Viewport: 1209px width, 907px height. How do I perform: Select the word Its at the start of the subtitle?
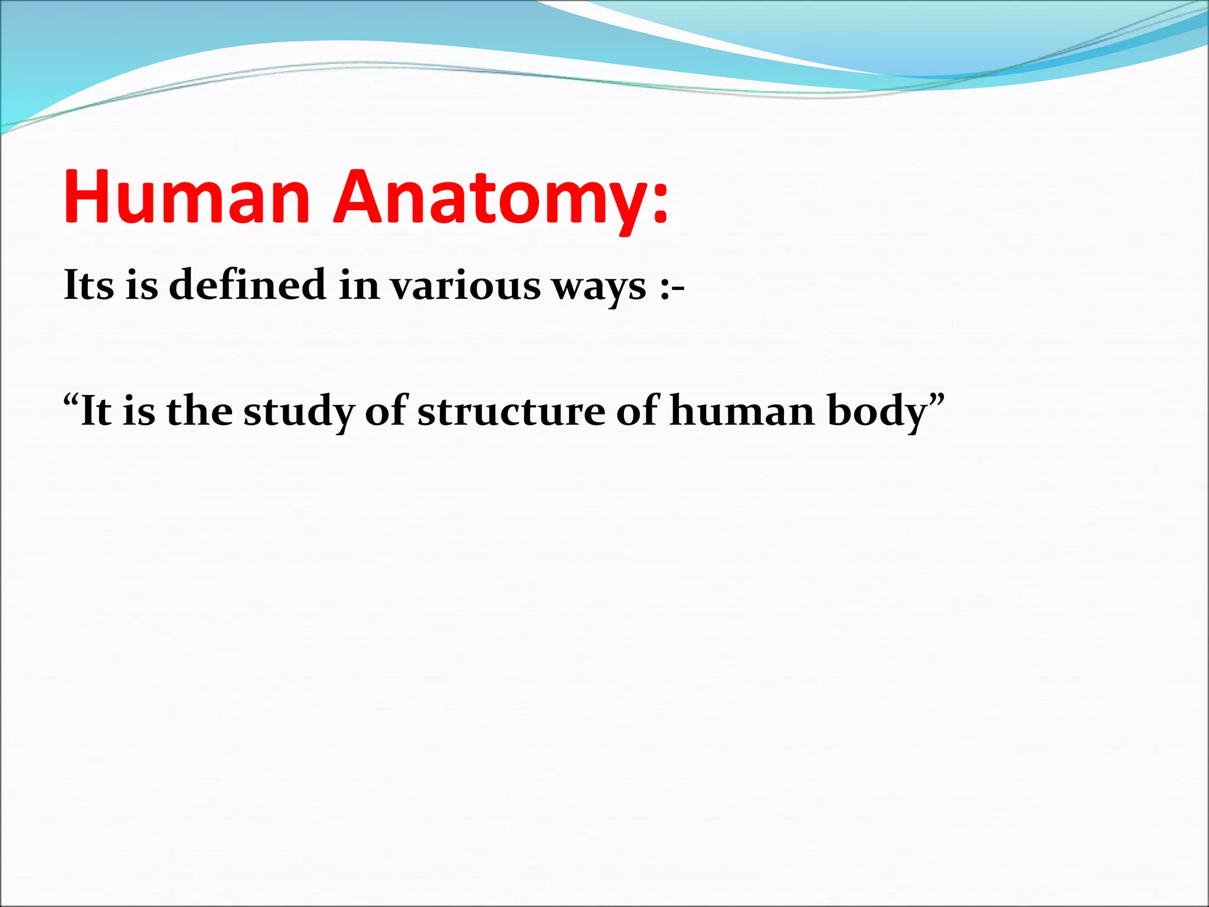89,285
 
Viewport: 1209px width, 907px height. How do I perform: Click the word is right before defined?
142,285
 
